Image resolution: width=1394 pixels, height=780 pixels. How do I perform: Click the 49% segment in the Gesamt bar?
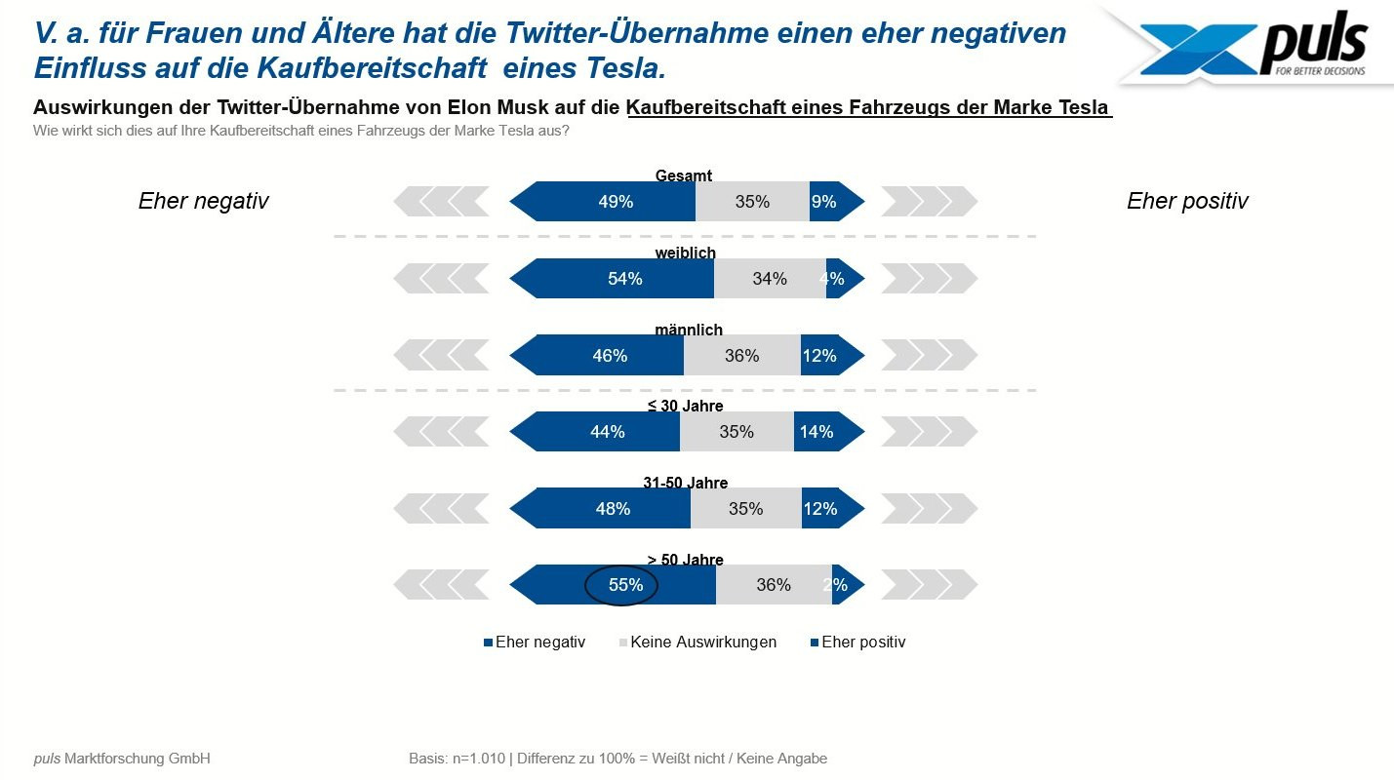(x=616, y=202)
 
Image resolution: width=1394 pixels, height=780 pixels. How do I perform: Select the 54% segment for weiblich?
(x=624, y=279)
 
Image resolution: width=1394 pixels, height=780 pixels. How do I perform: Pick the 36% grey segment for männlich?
(x=742, y=356)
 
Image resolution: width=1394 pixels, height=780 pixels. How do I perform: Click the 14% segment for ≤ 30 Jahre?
(x=816, y=432)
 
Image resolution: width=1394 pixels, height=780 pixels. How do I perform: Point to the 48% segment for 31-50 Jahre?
(x=613, y=509)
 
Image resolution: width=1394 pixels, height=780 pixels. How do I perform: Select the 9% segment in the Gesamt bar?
(x=824, y=202)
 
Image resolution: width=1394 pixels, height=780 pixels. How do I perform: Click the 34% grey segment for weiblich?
(x=770, y=279)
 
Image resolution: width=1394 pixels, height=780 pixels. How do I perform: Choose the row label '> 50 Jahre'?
(x=685, y=560)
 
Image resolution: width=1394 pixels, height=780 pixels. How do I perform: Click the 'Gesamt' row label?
(x=684, y=175)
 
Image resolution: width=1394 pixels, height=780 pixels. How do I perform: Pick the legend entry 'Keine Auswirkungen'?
(x=703, y=643)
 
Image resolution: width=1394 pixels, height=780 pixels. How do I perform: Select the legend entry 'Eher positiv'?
(x=863, y=643)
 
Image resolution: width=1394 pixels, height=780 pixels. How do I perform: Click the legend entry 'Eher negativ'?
(x=539, y=643)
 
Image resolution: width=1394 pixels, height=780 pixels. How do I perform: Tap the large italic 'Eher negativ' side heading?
(x=203, y=201)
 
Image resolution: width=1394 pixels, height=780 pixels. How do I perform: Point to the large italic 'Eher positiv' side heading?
(x=1187, y=201)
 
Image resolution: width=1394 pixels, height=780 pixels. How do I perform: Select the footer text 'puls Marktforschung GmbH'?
(x=122, y=759)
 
